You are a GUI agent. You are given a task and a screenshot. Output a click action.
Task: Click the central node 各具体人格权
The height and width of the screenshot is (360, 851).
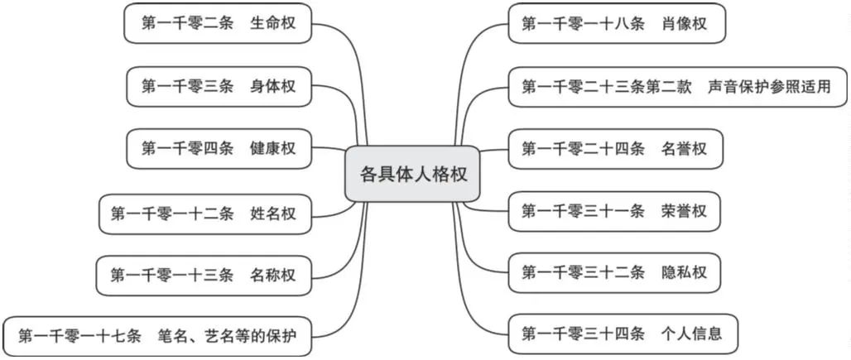(412, 174)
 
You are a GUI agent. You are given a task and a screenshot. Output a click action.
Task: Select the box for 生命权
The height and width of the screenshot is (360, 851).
(218, 23)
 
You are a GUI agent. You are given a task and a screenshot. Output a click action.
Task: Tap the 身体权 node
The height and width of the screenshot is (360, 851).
(219, 86)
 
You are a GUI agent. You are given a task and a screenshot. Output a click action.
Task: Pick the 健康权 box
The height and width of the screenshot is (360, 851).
(219, 148)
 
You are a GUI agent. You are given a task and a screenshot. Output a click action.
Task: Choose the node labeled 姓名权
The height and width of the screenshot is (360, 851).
(205, 214)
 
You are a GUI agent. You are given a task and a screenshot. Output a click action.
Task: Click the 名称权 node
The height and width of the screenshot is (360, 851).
(204, 276)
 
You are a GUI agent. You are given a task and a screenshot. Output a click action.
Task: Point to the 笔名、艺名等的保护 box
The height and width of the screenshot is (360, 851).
(157, 336)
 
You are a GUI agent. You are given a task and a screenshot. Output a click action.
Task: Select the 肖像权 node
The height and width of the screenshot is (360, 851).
(617, 23)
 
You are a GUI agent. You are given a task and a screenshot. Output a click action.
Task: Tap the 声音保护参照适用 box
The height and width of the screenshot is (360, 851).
(678, 87)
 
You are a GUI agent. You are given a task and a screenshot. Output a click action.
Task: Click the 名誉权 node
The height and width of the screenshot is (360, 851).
(615, 149)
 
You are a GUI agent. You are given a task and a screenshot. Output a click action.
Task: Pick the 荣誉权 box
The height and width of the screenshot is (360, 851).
(614, 211)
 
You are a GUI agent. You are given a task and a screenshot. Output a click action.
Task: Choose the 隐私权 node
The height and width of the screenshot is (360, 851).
(614, 272)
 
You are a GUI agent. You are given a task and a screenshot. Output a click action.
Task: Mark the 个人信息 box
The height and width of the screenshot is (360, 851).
(623, 334)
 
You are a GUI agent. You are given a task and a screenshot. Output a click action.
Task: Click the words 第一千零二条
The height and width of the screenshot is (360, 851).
(187, 23)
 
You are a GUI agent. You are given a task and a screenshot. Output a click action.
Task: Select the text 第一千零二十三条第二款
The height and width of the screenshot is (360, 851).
(607, 87)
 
